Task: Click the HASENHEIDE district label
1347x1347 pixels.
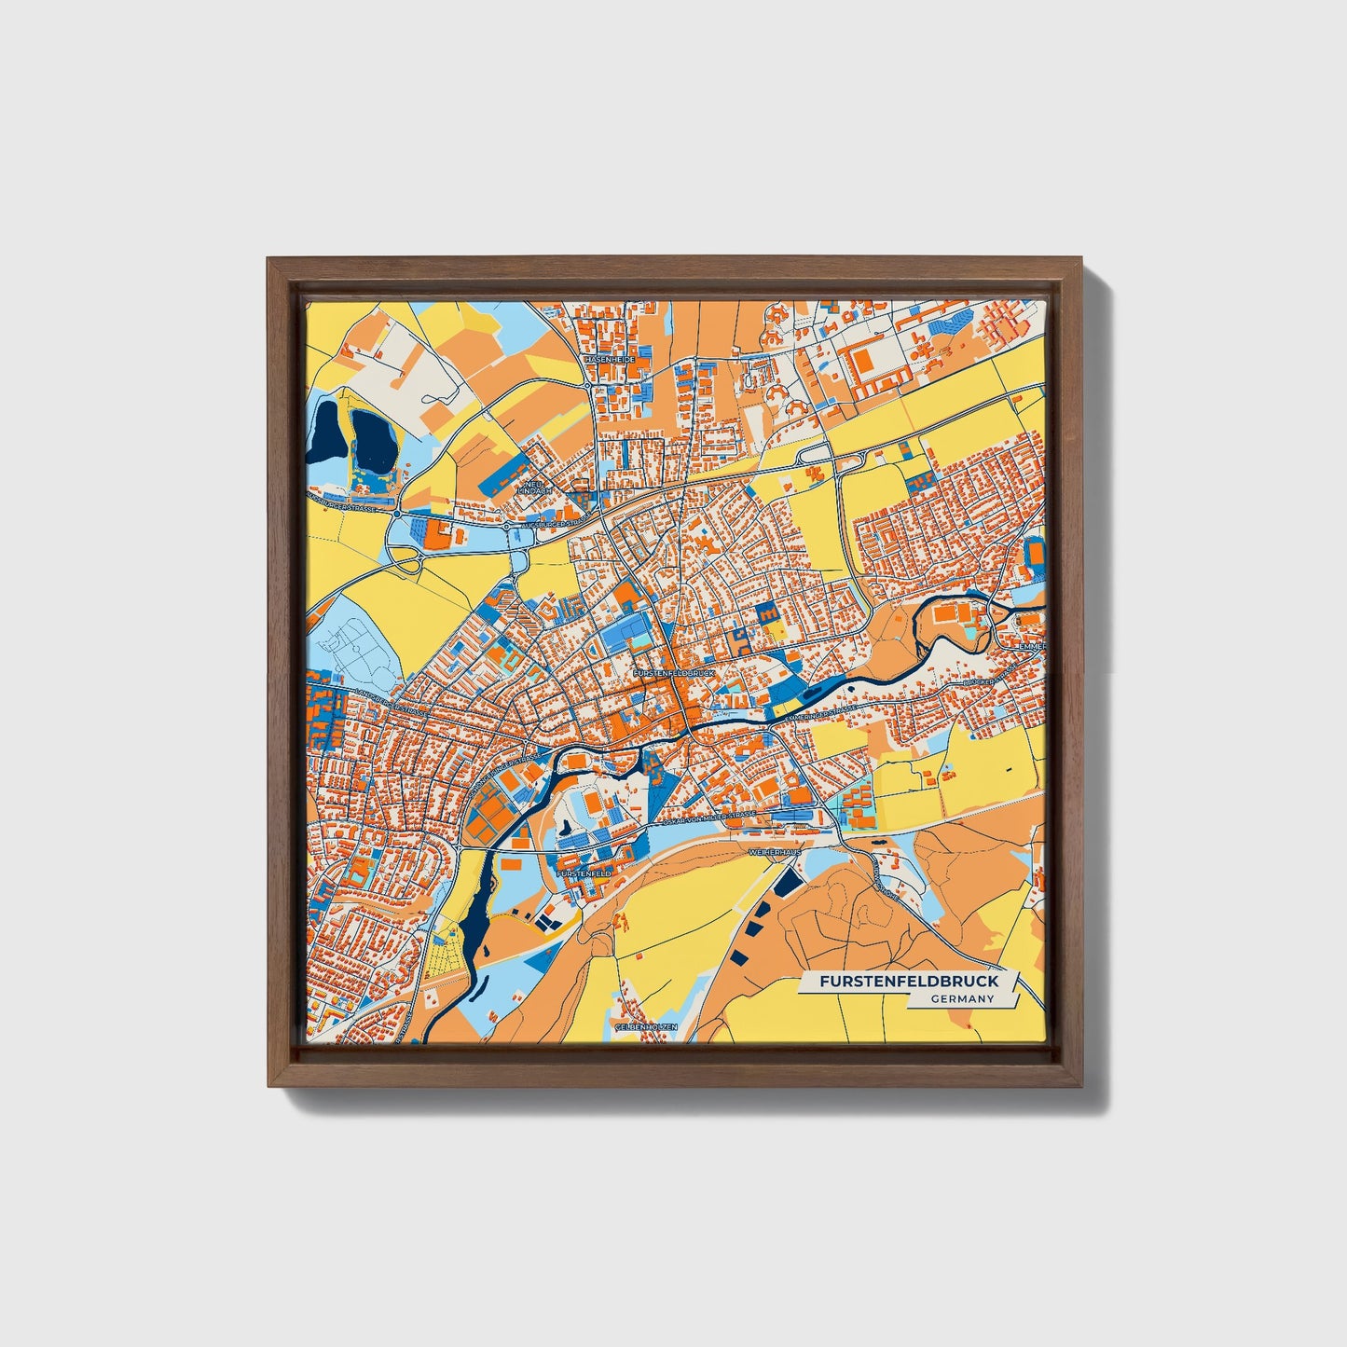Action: [610, 359]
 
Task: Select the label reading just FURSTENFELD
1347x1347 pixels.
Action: [584, 873]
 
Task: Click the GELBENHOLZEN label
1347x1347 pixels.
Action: [646, 1025]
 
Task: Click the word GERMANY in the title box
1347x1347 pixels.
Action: [961, 998]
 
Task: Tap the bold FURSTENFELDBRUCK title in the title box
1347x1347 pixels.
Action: [909, 982]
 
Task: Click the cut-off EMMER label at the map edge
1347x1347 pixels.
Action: [1031, 645]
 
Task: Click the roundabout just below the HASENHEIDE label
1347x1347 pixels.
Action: [588, 385]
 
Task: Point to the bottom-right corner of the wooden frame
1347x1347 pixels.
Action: [1081, 1086]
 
